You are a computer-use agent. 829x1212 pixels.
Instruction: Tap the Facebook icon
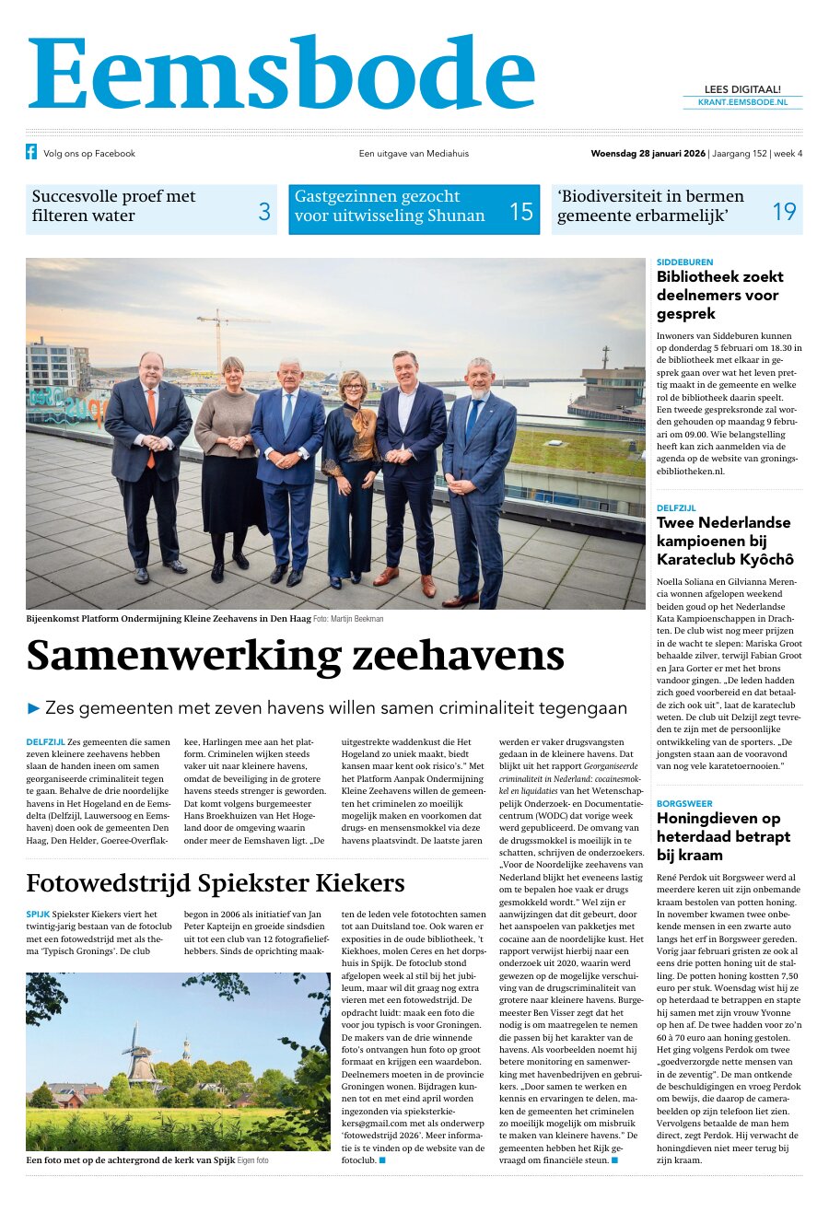[31, 153]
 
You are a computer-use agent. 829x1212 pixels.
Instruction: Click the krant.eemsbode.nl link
[742, 103]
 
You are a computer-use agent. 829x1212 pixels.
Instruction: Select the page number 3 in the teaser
[264, 212]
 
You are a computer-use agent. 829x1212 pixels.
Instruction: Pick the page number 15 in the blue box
[520, 212]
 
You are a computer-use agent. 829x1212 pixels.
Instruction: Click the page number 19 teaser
[783, 212]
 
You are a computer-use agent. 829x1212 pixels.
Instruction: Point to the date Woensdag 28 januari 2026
[648, 154]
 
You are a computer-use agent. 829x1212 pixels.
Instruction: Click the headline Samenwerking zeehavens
[295, 655]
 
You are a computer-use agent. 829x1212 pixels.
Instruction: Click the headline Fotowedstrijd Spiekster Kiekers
[215, 883]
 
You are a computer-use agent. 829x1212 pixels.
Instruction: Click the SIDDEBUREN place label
[684, 262]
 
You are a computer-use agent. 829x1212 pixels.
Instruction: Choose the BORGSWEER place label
[684, 804]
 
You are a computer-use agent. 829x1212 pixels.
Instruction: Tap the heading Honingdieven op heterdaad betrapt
[723, 836]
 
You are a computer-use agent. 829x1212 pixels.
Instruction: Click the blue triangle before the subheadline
[35, 708]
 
